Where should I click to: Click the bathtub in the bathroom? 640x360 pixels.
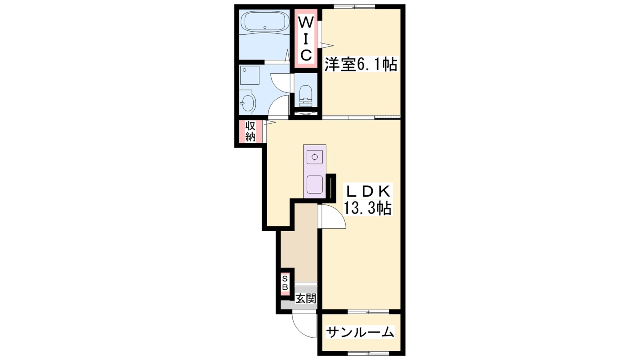pyautogui.click(x=265, y=22)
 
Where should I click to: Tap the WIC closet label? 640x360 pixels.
pyautogui.click(x=306, y=39)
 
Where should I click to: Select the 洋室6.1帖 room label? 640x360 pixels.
pyautogui.click(x=360, y=64)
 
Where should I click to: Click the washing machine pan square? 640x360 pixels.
pyautogui.click(x=250, y=76)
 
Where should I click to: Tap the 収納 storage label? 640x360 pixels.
pyautogui.click(x=250, y=132)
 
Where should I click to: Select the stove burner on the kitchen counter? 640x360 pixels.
pyautogui.click(x=314, y=157)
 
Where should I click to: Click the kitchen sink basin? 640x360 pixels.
pyautogui.click(x=314, y=184)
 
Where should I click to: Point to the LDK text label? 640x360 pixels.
pyautogui.click(x=368, y=192)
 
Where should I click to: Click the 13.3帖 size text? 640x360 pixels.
pyautogui.click(x=368, y=208)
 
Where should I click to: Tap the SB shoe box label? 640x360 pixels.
pyautogui.click(x=285, y=283)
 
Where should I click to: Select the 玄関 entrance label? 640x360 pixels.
pyautogui.click(x=306, y=299)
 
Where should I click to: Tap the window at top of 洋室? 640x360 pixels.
pyautogui.click(x=354, y=6)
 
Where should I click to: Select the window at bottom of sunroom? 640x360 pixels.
pyautogui.click(x=368, y=354)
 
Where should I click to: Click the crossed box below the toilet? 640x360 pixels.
pyautogui.click(x=306, y=114)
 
